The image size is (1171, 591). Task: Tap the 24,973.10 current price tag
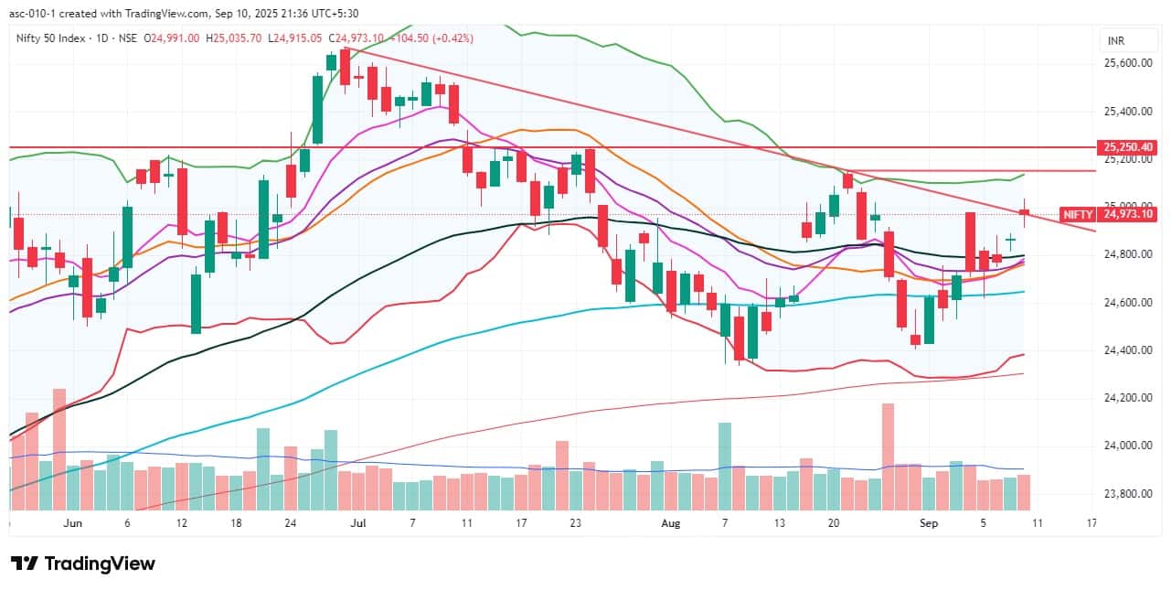[1130, 214]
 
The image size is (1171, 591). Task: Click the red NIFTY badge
[1078, 214]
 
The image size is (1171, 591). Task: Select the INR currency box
[1115, 41]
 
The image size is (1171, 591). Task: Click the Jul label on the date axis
[357, 523]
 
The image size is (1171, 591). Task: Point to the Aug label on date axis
[671, 523]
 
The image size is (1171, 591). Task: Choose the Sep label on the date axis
[929, 523]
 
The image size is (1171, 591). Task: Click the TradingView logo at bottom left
[82, 564]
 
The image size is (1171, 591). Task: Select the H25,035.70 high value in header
[234, 38]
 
